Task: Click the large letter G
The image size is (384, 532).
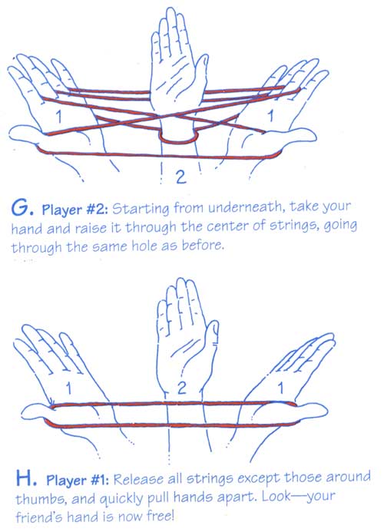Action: click(18, 207)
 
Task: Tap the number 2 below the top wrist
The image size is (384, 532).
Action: click(181, 177)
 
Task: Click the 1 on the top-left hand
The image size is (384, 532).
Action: click(59, 116)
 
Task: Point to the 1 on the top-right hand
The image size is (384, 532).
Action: click(270, 116)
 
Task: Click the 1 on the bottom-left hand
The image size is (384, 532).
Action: click(68, 388)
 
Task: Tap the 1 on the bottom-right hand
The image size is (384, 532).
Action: click(280, 388)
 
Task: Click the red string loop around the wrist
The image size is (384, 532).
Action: click(178, 141)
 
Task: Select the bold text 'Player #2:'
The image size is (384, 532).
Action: click(74, 210)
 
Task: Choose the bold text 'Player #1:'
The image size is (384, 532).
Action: click(78, 480)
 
